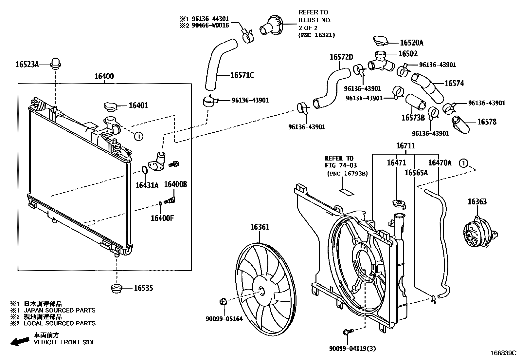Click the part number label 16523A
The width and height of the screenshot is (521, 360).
coord(27,65)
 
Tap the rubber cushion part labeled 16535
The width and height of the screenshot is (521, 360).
coord(117,289)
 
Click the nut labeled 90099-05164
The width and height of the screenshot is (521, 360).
coord(223,301)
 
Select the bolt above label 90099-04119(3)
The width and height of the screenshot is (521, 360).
coord(347,332)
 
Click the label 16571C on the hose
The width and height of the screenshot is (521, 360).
coord(242,76)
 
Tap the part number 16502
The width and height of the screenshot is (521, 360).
coord(408,54)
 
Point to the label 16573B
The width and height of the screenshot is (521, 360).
coord(413,118)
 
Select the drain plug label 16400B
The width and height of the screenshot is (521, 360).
coord(175,184)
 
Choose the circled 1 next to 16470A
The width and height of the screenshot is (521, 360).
coord(463,163)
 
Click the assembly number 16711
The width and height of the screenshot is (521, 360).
coord(405,146)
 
